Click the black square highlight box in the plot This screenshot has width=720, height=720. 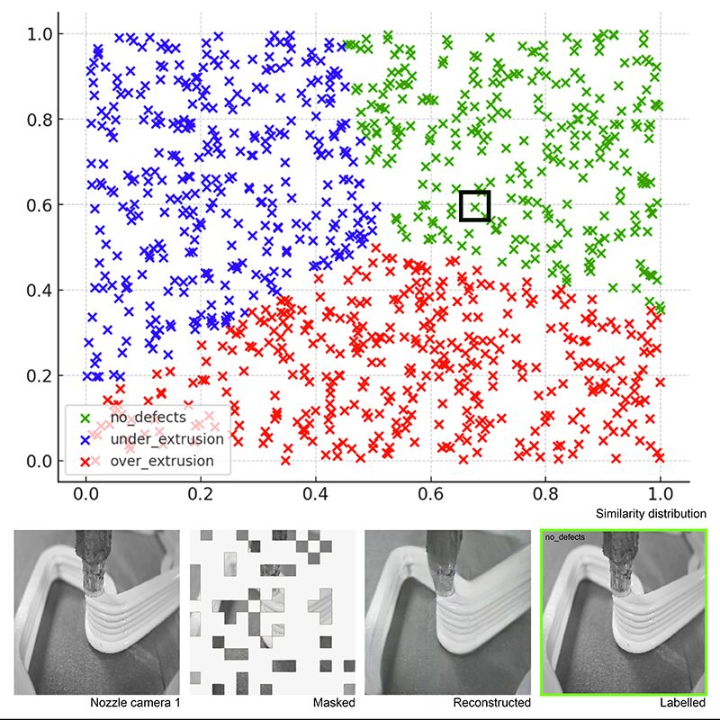pyautogui.click(x=474, y=206)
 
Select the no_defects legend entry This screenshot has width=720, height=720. pyautogui.click(x=148, y=417)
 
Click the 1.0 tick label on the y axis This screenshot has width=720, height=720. pyautogui.click(x=39, y=34)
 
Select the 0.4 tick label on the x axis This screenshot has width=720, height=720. pyautogui.click(x=316, y=494)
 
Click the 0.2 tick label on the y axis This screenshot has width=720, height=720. pyautogui.click(x=39, y=376)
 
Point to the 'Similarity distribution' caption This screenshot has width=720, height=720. pyautogui.click(x=651, y=514)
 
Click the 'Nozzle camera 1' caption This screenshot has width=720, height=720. pyautogui.click(x=134, y=702)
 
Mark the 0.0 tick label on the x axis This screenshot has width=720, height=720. pyautogui.click(x=85, y=494)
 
